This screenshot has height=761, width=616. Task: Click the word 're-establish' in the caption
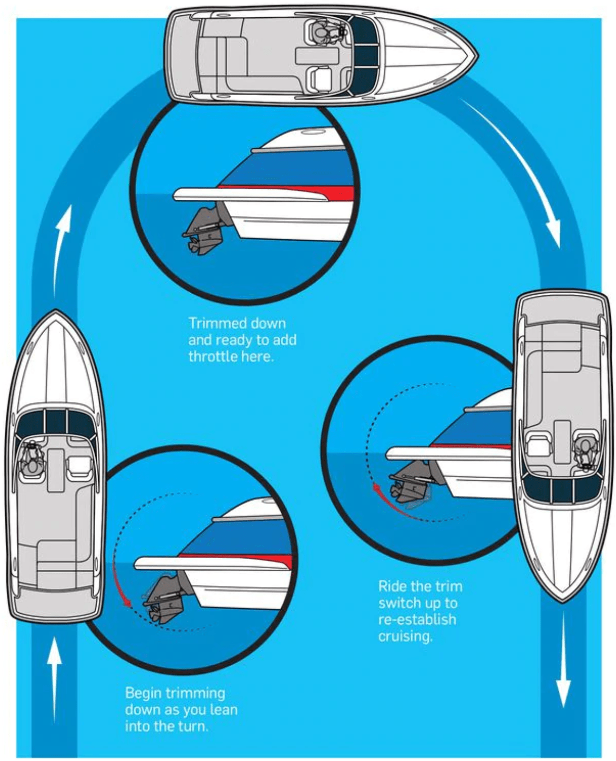[417, 620]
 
